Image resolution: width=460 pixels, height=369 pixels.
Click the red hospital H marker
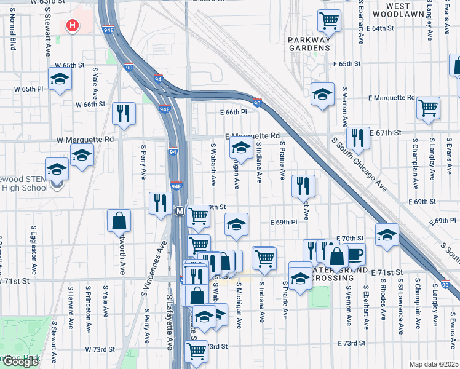[73, 26]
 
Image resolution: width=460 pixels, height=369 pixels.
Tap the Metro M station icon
[180, 212]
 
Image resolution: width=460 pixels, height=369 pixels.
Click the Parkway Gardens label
[309, 43]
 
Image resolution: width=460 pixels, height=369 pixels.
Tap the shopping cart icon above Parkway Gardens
[330, 20]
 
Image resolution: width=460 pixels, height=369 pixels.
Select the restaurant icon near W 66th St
[124, 113]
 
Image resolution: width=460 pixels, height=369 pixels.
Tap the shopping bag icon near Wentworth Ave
[119, 221]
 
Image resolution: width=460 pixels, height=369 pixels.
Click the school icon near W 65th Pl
[60, 79]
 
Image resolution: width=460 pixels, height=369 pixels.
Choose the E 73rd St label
[352, 343]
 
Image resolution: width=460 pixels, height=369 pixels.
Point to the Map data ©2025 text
[434, 364]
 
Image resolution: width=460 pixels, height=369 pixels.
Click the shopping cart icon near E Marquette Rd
[428, 108]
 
